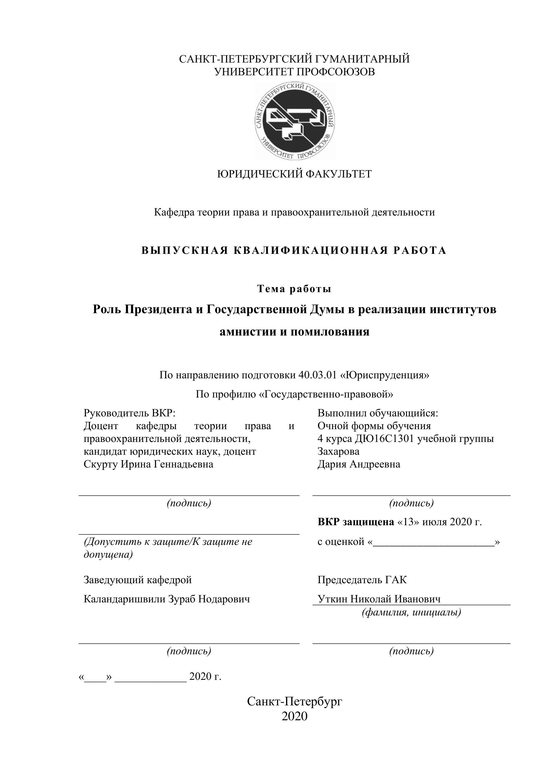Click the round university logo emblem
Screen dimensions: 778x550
pos(294,121)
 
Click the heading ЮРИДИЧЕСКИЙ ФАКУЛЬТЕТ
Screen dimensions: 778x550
pos(294,174)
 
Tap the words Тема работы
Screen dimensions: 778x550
pos(294,289)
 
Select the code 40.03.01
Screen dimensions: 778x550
pos(318,375)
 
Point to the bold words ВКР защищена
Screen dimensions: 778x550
pos(356,522)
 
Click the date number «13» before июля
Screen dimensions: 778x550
pos(411,522)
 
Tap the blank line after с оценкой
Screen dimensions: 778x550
pos(433,543)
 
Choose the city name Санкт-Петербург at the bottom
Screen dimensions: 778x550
pos(294,701)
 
